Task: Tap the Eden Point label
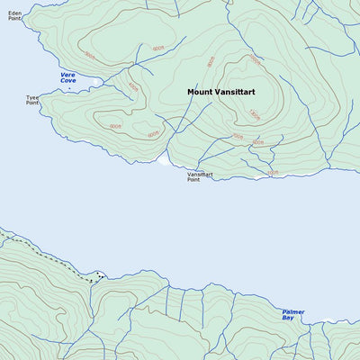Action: pos(13,16)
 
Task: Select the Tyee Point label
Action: pos(32,101)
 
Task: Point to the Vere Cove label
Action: pos(68,78)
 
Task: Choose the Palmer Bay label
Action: pos(292,315)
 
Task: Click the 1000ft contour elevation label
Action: pos(254,61)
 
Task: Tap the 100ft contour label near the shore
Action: pos(273,171)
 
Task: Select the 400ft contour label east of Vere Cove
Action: pos(133,86)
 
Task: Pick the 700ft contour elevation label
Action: pos(238,137)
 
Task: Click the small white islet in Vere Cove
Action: pos(95,82)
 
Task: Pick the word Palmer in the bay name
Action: pos(292,311)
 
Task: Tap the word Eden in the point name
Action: pos(13,13)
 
